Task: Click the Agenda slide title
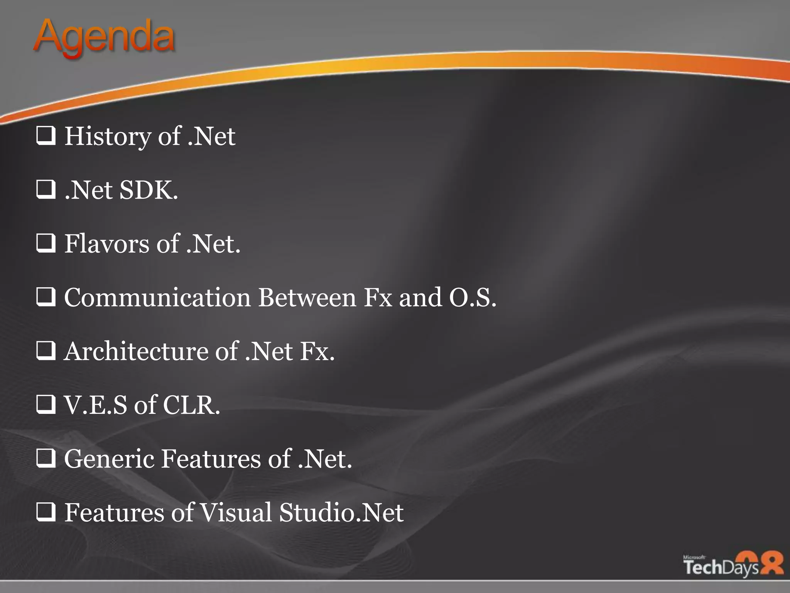(104, 37)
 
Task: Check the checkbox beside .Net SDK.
(46, 190)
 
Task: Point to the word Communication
(157, 297)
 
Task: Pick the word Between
(307, 297)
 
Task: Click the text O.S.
(473, 297)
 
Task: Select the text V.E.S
(95, 405)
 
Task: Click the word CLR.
(191, 405)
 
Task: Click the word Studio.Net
(341, 513)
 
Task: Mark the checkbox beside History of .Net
(46, 136)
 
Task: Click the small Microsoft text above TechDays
(694, 557)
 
